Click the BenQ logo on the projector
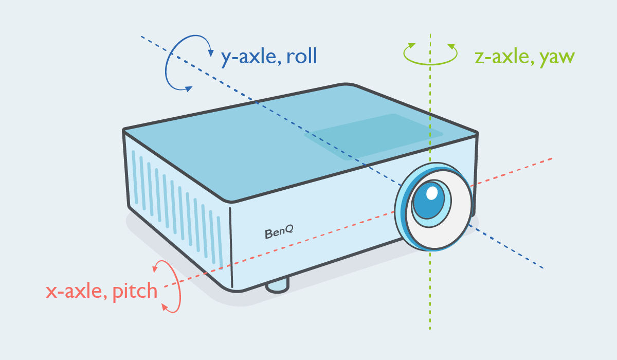pos(279,232)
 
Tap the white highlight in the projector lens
pos(432,193)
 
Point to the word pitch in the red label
pos(134,291)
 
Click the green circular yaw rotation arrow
pos(430,53)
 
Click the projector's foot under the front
pos(277,285)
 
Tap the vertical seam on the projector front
pos(231,247)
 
